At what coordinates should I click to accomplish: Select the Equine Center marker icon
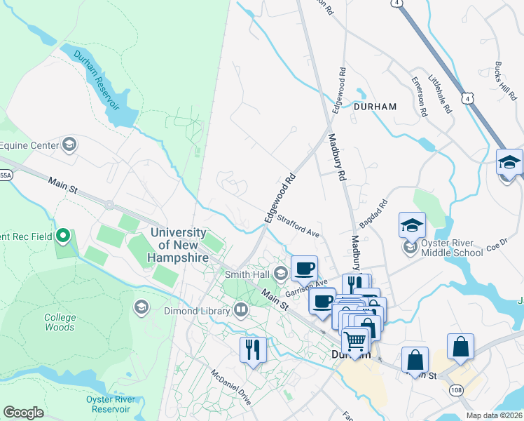pos(69,145)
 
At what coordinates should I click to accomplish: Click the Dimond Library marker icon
pos(241,309)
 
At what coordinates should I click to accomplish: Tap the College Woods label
pos(60,322)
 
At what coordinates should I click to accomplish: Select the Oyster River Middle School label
pos(453,248)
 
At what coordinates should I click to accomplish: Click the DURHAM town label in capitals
pos(375,107)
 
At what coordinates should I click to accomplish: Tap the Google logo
pos(23,412)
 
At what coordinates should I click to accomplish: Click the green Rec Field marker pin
pos(64,236)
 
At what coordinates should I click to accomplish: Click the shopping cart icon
pos(356,341)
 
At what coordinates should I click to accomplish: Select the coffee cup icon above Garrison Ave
pos(305,268)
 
